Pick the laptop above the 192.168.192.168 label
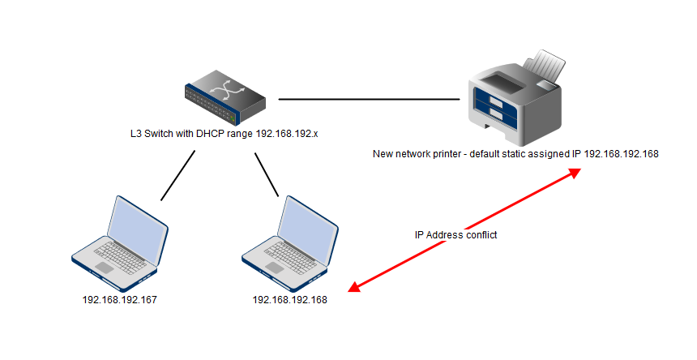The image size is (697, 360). [x=290, y=244]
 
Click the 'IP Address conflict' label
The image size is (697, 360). [x=455, y=235]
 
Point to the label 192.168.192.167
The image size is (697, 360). [x=120, y=300]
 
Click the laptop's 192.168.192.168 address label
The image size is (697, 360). [x=290, y=300]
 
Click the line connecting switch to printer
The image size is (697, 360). [x=369, y=100]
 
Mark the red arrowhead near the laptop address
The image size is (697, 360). [x=354, y=288]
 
